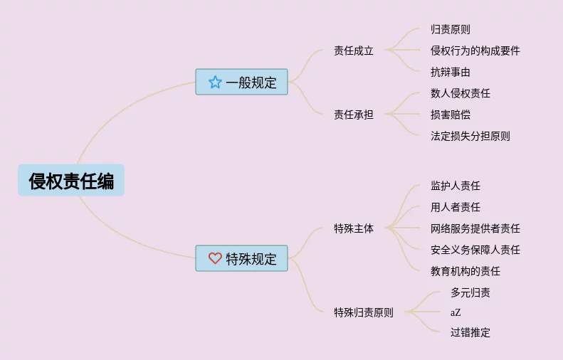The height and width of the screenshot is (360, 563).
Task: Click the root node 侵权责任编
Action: [x=71, y=181]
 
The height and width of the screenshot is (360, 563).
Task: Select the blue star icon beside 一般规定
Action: [x=215, y=82]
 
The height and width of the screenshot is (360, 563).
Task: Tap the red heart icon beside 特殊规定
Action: [x=215, y=258]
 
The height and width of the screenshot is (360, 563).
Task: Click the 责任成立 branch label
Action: [x=354, y=51]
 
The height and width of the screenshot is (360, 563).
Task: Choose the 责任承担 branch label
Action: [x=354, y=115]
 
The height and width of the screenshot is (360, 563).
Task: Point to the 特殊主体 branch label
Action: [x=354, y=228]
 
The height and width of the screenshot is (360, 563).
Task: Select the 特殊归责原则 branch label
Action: [x=364, y=312]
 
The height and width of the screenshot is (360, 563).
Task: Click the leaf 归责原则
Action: [x=450, y=29]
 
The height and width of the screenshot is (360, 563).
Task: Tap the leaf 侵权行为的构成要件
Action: [x=475, y=51]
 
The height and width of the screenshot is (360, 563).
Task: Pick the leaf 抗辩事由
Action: [x=450, y=72]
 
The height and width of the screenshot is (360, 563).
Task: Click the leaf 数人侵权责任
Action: [x=460, y=93]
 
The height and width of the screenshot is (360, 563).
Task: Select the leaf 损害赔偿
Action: [x=450, y=115]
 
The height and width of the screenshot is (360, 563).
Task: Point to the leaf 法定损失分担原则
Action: [x=470, y=136]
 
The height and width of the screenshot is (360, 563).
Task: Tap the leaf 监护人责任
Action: [x=455, y=186]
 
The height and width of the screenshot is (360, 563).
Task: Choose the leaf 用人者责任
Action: [x=455, y=207]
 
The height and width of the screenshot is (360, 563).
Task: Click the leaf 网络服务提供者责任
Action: [x=475, y=228]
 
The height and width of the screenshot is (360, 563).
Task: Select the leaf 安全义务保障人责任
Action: [x=475, y=250]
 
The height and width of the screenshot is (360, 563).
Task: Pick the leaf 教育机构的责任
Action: [x=465, y=271]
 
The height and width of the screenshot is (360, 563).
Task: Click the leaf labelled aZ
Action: [x=456, y=312]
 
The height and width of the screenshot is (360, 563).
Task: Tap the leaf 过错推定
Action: [x=470, y=332]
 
